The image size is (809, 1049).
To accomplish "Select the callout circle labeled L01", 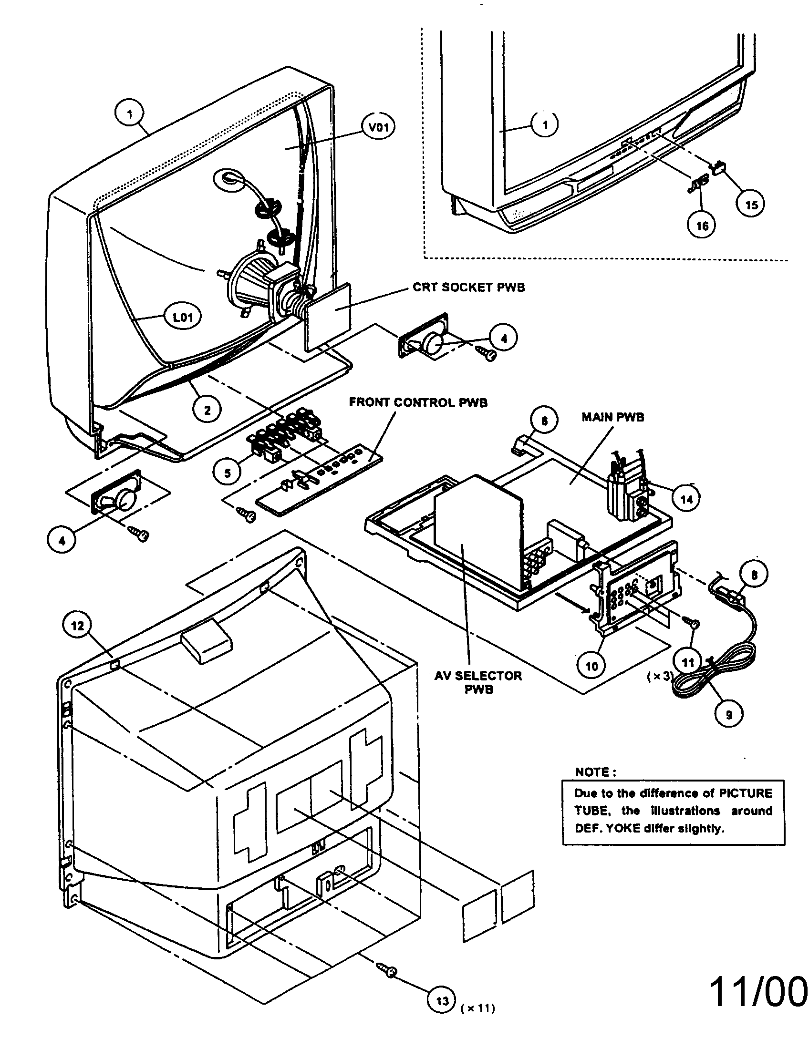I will [x=184, y=318].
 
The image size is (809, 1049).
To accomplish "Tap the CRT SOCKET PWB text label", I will [x=468, y=288].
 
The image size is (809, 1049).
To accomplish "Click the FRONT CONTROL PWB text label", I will [x=418, y=402].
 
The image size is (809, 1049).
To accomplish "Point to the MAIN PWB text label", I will [x=612, y=417].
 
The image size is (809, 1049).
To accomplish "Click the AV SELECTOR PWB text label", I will [x=478, y=682].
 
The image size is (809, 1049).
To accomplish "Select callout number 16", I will [x=702, y=225].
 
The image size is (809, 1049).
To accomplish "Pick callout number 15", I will [x=751, y=205].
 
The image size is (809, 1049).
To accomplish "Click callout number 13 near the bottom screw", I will [x=442, y=1000].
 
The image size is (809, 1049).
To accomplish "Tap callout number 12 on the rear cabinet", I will [x=77, y=626].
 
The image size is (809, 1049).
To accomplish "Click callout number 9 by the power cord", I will [x=729, y=715].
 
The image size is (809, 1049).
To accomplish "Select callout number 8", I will [x=754, y=575].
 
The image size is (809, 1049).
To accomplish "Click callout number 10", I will [x=592, y=666].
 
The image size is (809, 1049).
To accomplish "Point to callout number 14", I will [x=686, y=499].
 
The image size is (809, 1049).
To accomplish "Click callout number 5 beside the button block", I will [x=227, y=473].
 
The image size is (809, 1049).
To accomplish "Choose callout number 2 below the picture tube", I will [x=207, y=410].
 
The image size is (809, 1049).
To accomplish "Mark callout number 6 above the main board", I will [x=544, y=421].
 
